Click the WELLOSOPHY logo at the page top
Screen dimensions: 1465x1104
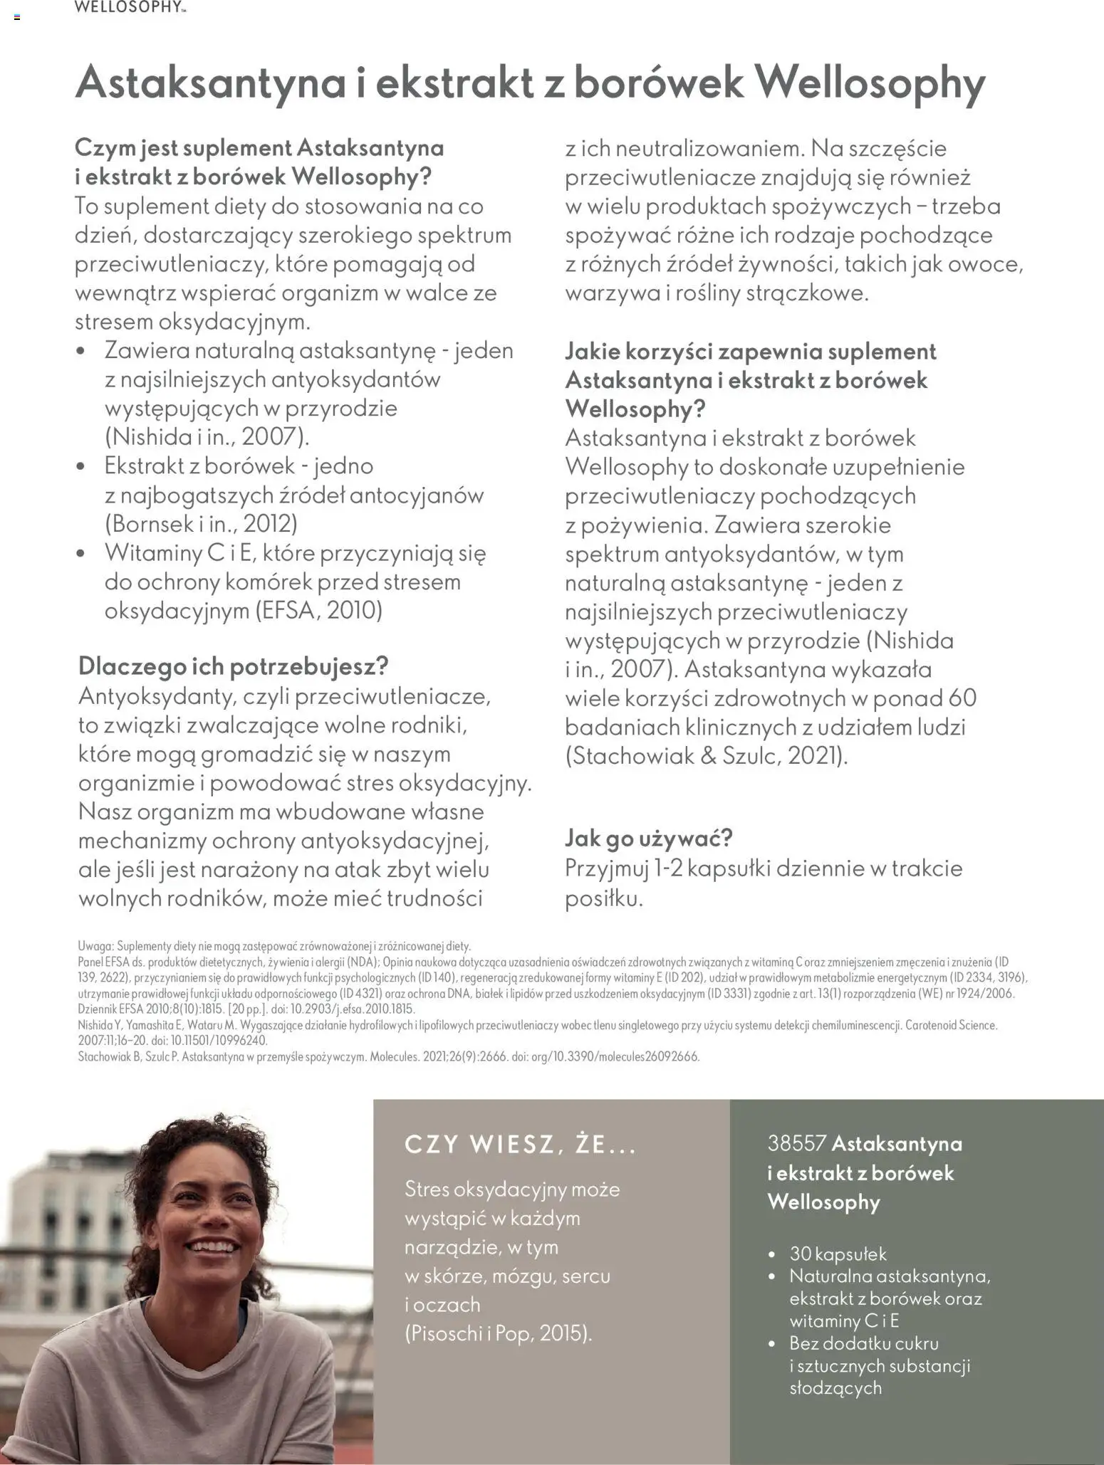tap(129, 8)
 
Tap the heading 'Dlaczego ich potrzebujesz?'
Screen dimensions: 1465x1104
tap(234, 666)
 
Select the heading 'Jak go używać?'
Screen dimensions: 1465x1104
tap(648, 838)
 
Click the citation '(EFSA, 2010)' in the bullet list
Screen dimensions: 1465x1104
tap(319, 611)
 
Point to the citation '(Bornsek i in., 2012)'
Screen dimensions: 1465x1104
tap(202, 524)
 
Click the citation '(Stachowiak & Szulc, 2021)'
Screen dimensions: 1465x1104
tap(707, 755)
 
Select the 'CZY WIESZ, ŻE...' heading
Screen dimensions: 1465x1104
tap(520, 1145)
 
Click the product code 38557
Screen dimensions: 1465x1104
tap(796, 1144)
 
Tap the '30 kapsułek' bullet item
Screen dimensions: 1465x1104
tap(838, 1254)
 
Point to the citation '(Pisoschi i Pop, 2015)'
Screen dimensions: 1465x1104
tap(499, 1333)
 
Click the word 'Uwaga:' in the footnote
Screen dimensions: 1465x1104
tap(95, 946)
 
